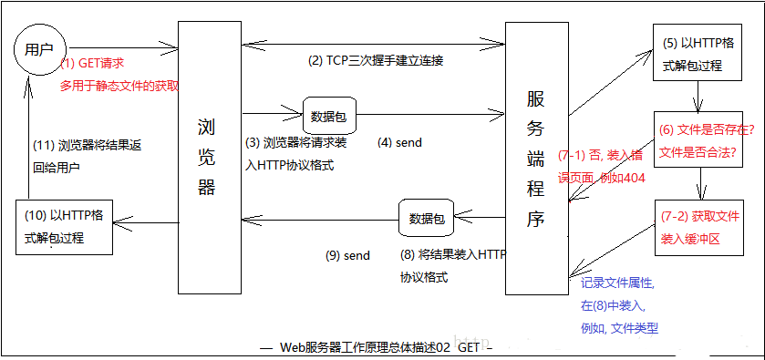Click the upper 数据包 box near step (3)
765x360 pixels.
pos(327,116)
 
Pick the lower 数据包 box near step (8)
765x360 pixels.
pos(426,218)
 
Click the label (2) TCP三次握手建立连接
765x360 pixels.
pos(375,61)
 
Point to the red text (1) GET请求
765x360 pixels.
pos(92,64)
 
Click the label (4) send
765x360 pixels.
pos(399,143)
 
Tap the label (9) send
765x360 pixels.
pos(347,256)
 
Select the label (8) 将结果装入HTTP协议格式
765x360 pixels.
pos(452,265)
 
